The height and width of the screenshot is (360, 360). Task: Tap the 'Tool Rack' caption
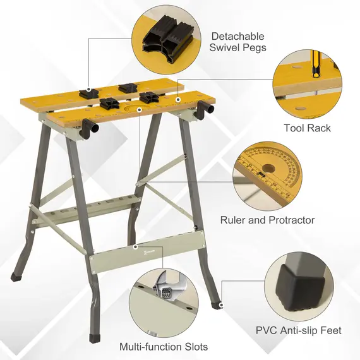tap(307, 128)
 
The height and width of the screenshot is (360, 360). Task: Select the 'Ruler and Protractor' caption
tap(267, 220)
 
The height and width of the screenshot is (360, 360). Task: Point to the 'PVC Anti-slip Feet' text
tap(299, 330)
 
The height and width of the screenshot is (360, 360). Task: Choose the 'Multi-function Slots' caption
tap(164, 347)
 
